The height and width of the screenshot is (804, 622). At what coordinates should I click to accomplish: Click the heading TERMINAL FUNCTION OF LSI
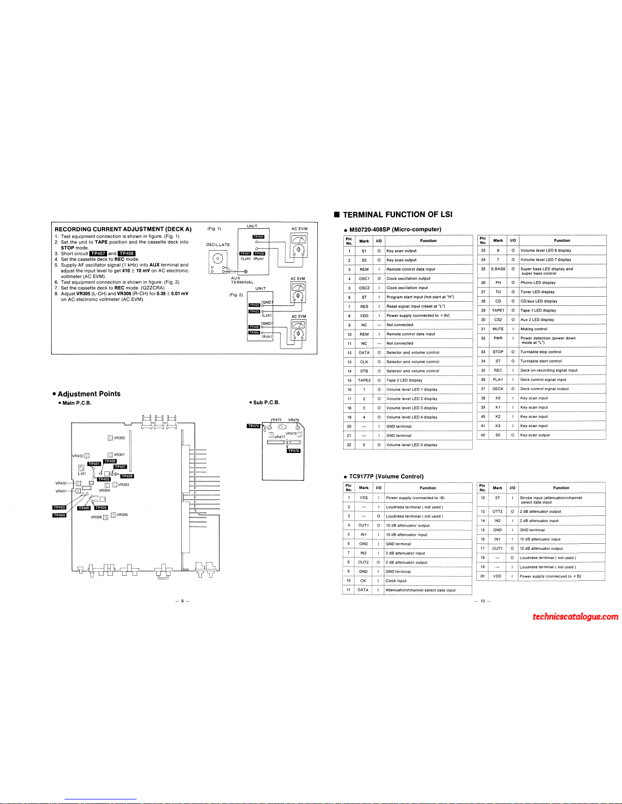click(397, 215)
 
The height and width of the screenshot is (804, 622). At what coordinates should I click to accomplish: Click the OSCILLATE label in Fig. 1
click(218, 244)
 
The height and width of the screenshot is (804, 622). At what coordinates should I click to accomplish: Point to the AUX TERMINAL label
click(242, 280)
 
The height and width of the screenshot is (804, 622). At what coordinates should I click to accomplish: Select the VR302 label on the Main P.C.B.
click(119, 438)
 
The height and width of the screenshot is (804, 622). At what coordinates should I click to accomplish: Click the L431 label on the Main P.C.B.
click(82, 473)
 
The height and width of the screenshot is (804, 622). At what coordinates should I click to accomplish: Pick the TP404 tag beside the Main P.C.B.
click(59, 515)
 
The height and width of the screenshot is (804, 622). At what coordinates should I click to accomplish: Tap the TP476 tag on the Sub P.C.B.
click(293, 450)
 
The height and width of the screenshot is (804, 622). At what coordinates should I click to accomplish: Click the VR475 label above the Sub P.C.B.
click(276, 420)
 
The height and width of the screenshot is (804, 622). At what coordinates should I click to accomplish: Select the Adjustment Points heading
click(89, 394)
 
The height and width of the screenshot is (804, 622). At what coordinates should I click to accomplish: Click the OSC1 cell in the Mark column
click(364, 278)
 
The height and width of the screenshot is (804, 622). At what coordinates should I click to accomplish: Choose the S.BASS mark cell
click(498, 269)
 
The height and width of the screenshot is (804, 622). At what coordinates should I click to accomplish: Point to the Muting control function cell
click(534, 329)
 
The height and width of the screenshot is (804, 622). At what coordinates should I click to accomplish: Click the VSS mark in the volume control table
click(364, 498)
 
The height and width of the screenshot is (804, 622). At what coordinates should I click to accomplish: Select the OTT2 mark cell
click(498, 511)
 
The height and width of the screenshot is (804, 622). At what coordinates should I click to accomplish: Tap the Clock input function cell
click(396, 581)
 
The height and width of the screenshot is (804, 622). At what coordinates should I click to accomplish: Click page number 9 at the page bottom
click(182, 601)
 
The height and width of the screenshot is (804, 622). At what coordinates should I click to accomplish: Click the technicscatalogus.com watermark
click(575, 617)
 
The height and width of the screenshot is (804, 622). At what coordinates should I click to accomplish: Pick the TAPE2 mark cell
click(364, 380)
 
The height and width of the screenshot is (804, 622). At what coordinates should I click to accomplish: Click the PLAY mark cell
click(498, 379)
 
